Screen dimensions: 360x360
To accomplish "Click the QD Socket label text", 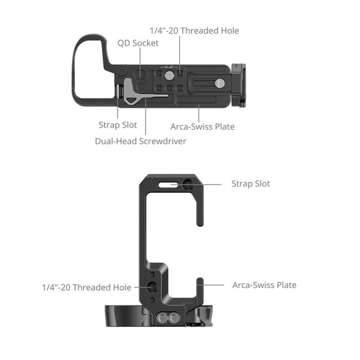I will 138,43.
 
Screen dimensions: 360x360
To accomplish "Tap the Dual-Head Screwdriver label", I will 140,141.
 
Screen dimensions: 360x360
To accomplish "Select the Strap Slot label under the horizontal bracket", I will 118,125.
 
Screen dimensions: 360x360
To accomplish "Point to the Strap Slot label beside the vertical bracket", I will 251,184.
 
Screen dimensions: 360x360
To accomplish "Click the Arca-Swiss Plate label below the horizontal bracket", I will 202,127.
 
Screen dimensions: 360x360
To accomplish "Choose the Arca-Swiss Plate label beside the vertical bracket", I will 264,285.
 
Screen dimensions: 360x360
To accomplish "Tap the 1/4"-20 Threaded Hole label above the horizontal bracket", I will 194,30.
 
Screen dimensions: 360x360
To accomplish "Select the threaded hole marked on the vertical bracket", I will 154,287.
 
